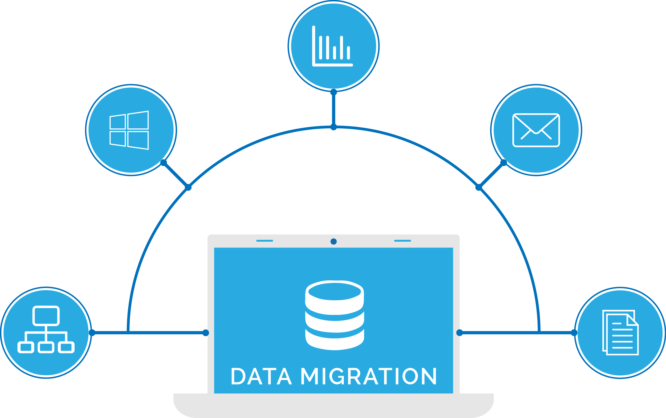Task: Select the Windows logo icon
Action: point(129,130)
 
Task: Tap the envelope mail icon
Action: point(536,130)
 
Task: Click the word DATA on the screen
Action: point(262,376)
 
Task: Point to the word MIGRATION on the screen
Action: point(369,376)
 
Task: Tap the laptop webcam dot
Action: point(334,242)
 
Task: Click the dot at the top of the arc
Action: point(334,127)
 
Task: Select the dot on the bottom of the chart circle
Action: point(334,92)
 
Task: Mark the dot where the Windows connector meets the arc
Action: point(188,187)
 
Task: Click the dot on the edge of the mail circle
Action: point(504,163)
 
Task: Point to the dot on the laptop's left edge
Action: point(206,333)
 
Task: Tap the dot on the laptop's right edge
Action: point(460,333)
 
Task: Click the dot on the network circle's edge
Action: point(92,333)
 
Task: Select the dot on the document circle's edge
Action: point(574,333)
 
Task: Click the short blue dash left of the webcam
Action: point(264,241)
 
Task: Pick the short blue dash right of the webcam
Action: point(403,241)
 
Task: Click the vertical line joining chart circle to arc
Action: point(334,109)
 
